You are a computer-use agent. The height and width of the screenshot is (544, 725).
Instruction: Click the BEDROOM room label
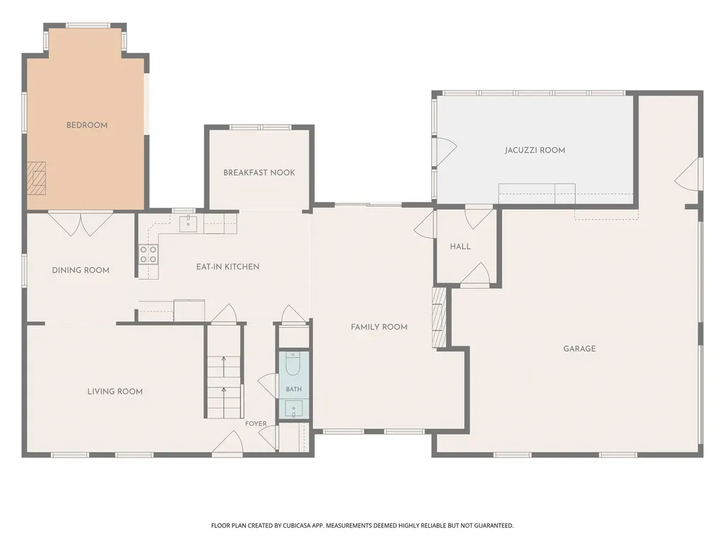87,125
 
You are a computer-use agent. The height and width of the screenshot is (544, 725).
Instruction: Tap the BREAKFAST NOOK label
259,173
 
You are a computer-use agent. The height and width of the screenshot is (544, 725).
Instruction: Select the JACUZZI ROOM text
535,150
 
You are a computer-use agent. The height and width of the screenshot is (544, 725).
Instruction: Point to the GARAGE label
579,348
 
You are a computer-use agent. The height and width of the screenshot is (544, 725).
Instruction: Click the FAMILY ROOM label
379,327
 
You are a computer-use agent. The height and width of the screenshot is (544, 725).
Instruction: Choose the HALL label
460,246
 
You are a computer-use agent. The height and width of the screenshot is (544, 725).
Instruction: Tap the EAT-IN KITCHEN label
227,267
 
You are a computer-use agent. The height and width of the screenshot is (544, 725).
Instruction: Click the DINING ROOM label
81,270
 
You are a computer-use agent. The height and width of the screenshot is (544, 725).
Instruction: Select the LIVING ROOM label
115,391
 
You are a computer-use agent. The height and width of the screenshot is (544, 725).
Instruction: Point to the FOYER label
256,424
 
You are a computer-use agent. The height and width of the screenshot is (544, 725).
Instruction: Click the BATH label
294,389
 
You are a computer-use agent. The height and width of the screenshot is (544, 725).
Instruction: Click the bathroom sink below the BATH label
294,409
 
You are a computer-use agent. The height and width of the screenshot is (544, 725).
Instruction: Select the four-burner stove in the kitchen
149,254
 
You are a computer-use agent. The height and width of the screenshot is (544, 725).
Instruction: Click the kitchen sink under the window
188,224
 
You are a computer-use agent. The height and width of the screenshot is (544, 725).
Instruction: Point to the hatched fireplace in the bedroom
37,178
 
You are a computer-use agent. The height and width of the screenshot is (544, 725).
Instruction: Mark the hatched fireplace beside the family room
439,317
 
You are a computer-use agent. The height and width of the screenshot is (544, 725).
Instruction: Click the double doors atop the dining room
81,224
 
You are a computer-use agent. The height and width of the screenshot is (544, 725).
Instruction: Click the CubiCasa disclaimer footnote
362,526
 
